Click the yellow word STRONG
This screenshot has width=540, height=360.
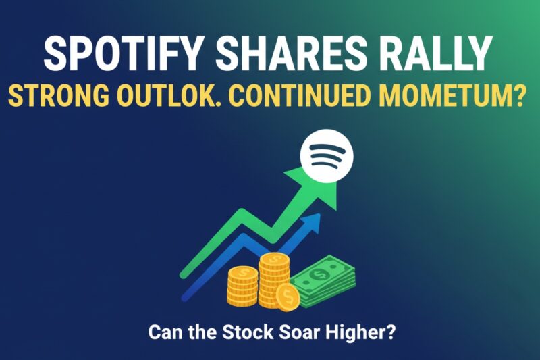pyautogui.click(x=64, y=96)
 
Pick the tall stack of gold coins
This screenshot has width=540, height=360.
pyautogui.click(x=274, y=277)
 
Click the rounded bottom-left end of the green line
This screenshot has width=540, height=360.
pyautogui.click(x=182, y=275)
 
